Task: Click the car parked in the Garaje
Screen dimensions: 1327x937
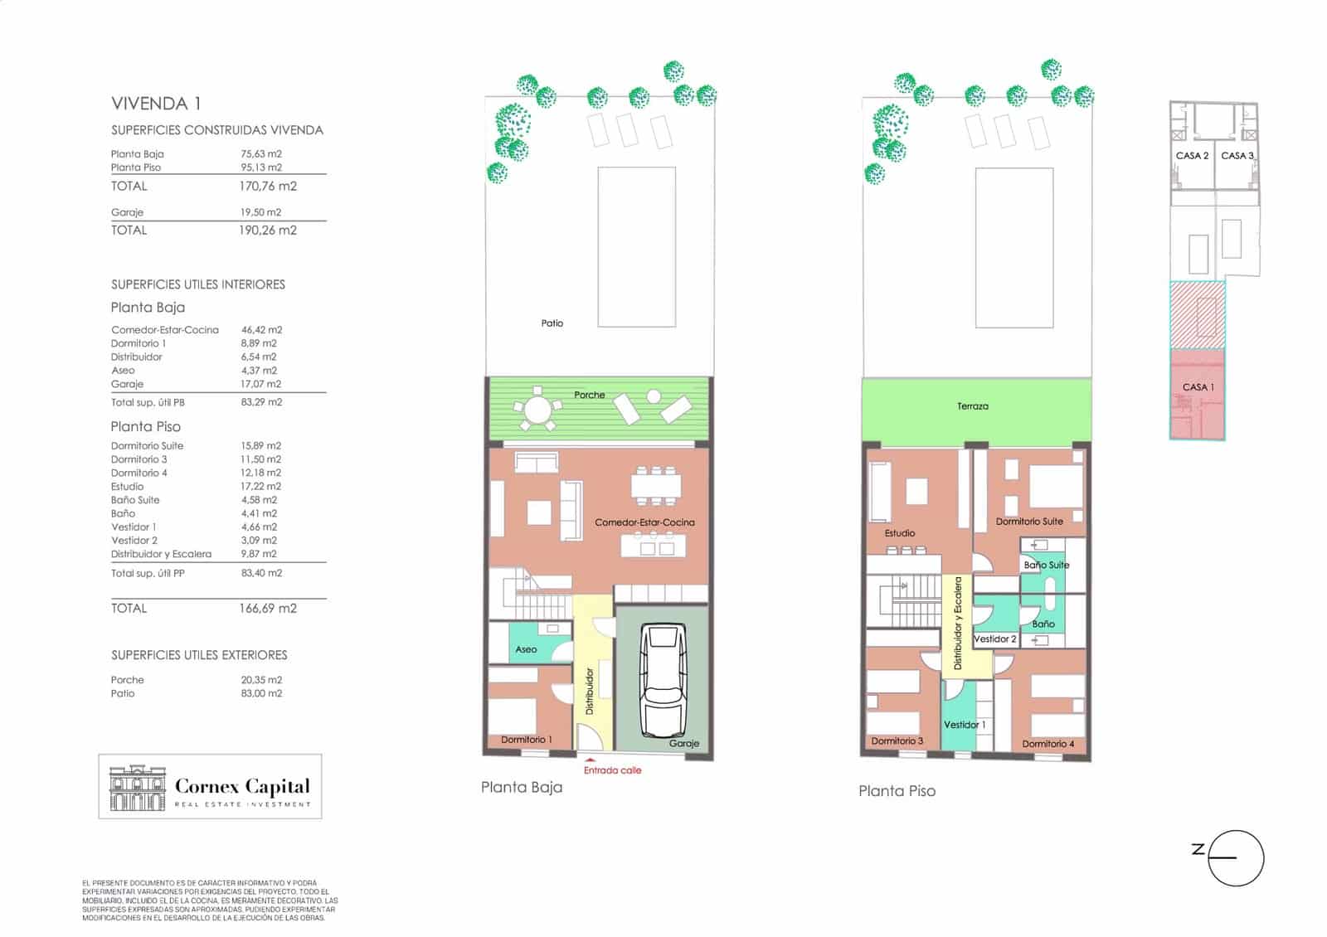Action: click(663, 679)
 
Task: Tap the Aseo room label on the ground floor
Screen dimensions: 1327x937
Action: click(526, 650)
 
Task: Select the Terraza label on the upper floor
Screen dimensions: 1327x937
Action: click(972, 406)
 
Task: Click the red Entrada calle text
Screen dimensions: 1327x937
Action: click(612, 770)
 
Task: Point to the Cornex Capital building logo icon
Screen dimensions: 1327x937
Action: click(137, 788)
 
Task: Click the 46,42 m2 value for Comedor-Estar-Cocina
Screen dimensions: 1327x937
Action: click(261, 330)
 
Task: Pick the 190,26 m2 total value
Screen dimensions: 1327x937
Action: click(268, 231)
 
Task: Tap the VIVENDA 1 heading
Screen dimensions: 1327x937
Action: click(156, 104)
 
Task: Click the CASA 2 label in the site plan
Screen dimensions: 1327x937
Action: click(1192, 156)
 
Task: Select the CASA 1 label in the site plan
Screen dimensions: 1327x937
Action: click(1198, 387)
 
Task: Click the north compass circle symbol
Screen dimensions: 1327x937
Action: click(1236, 858)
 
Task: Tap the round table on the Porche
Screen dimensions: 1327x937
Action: click(537, 410)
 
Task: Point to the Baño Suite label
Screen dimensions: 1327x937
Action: click(1046, 565)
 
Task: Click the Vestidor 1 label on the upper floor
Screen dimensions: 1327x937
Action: click(965, 725)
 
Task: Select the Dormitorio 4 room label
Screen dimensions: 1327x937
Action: click(1048, 744)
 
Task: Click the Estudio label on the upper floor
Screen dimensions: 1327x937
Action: click(899, 533)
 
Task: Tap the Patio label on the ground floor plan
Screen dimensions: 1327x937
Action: click(552, 323)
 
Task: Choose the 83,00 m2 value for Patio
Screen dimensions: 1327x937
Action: click(261, 693)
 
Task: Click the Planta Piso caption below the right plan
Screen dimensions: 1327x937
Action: click(897, 791)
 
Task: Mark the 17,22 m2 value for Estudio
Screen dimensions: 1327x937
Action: click(260, 486)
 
